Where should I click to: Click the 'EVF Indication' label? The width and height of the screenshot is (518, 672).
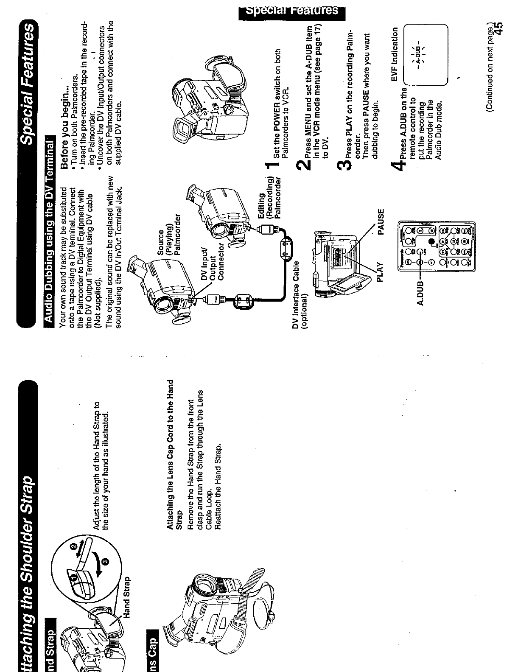pos(394,55)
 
